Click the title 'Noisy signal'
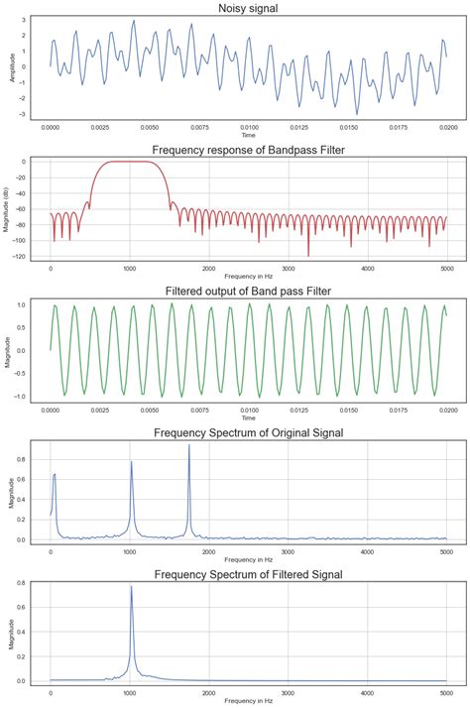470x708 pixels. (x=248, y=8)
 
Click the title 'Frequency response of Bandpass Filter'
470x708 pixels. (x=248, y=150)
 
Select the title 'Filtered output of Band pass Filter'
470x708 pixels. (x=248, y=292)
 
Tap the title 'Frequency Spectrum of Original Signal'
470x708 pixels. (x=248, y=433)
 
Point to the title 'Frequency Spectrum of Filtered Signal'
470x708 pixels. (x=248, y=575)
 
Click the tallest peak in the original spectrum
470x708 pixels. (x=188, y=446)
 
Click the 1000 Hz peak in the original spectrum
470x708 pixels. (x=131, y=462)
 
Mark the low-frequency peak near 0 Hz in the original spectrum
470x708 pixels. (x=55, y=475)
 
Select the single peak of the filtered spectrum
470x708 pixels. (x=131, y=587)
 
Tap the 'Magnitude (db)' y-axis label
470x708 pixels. (x=13, y=209)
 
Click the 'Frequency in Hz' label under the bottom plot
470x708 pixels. (x=248, y=702)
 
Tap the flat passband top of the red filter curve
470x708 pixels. (x=129, y=162)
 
